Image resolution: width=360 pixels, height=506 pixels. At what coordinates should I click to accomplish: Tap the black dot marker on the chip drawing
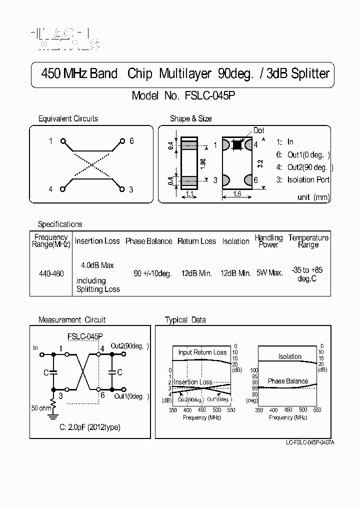(x=237, y=144)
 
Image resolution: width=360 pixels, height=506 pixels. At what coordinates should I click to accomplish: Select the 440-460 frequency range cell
(x=51, y=274)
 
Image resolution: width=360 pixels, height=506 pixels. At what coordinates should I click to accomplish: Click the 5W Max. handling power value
(x=269, y=273)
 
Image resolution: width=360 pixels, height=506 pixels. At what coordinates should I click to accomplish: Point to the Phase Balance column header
(x=148, y=241)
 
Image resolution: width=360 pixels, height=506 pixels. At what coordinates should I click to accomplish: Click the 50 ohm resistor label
(x=40, y=408)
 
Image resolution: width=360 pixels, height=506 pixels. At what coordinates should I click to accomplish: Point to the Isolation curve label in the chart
(x=290, y=356)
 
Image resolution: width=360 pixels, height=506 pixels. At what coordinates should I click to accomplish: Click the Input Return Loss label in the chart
(x=202, y=352)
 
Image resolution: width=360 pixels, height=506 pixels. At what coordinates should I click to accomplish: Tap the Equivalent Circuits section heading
(x=68, y=118)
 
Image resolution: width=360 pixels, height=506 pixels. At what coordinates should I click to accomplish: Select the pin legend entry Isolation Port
(x=302, y=179)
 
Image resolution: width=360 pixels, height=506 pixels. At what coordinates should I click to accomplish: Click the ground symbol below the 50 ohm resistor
(x=52, y=414)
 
